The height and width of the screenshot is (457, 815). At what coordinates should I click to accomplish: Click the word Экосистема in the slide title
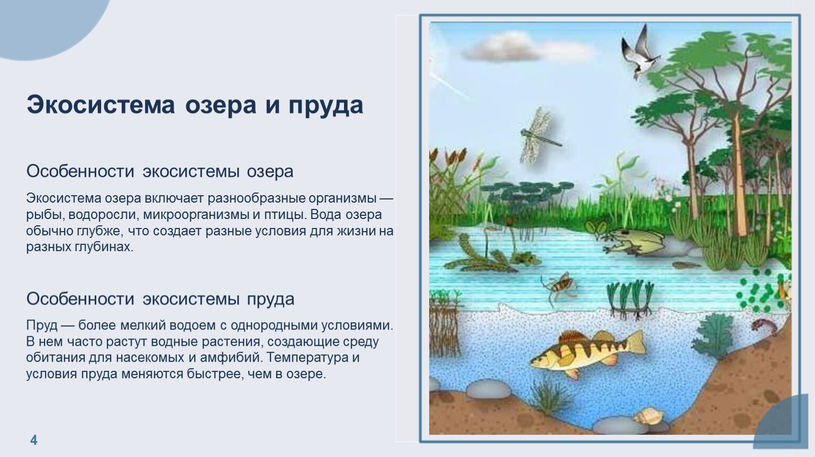tap(101, 105)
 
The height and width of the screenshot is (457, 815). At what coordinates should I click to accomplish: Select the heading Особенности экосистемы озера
tap(160, 171)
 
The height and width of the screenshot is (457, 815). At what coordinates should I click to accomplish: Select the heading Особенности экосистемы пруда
tap(160, 299)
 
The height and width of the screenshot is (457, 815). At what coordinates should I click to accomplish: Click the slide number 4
tap(33, 440)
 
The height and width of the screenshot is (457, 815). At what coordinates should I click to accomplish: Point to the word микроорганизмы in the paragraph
tap(196, 215)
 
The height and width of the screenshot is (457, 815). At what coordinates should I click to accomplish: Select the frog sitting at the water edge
tap(634, 241)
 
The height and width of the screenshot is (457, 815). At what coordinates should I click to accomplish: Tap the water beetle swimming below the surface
tap(559, 286)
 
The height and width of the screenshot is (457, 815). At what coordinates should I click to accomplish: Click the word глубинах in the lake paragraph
tap(104, 247)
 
